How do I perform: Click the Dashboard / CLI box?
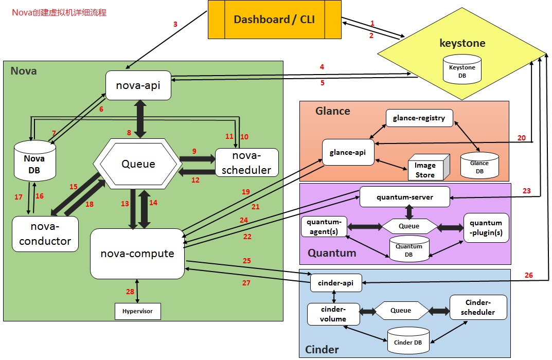(274, 20)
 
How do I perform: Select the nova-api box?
(138, 85)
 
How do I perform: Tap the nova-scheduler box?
(246, 163)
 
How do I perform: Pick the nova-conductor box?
(45, 233)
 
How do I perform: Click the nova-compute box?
(137, 254)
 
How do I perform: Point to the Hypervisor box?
(137, 311)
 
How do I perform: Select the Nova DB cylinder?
(34, 163)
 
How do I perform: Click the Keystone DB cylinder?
(462, 70)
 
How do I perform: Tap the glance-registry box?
(419, 118)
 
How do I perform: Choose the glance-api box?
(348, 152)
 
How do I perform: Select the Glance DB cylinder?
(479, 166)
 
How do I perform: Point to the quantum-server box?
(404, 197)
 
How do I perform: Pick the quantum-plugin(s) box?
(486, 228)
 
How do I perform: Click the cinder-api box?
(335, 283)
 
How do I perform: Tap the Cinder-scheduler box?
(478, 307)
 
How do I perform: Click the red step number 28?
(130, 292)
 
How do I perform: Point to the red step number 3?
(175, 24)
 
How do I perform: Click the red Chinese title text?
(59, 12)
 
